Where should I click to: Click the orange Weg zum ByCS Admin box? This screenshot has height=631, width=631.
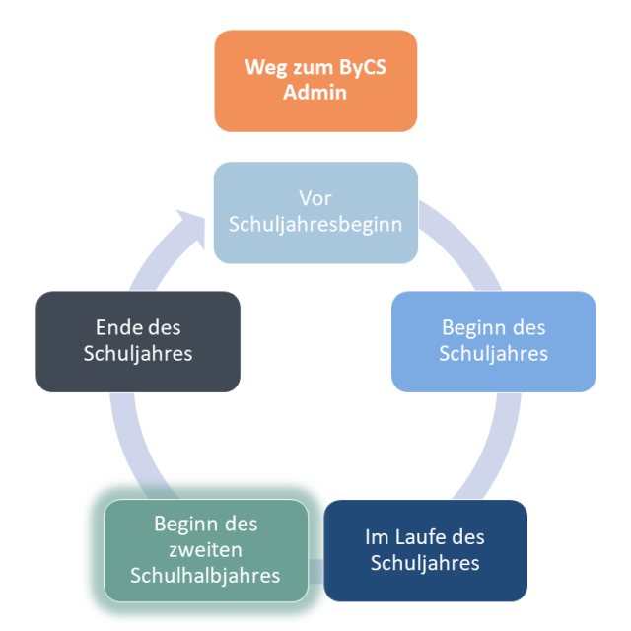pyautogui.click(x=315, y=81)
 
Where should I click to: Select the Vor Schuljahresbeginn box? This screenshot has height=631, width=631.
pyautogui.click(x=315, y=213)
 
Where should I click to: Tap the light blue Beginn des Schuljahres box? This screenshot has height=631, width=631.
pyautogui.click(x=493, y=342)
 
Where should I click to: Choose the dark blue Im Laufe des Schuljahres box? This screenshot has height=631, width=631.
pyautogui.click(x=425, y=550)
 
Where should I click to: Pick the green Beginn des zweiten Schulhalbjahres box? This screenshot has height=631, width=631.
pyautogui.click(x=206, y=550)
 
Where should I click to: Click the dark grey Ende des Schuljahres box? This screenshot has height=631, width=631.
pyautogui.click(x=138, y=342)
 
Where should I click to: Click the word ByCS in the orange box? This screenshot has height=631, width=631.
pyautogui.click(x=363, y=67)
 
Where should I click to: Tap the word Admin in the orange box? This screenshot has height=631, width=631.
pyautogui.click(x=315, y=92)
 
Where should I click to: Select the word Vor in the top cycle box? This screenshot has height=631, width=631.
pyautogui.click(x=315, y=198)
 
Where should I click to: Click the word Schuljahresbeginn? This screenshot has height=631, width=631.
pyautogui.click(x=315, y=225)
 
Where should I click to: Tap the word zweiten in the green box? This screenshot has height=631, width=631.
pyautogui.click(x=206, y=550)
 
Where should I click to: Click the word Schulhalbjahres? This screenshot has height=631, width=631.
pyautogui.click(x=205, y=576)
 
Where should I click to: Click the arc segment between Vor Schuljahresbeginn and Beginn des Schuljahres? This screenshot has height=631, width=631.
pyautogui.click(x=462, y=242)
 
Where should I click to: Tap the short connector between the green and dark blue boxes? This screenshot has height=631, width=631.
pyautogui.click(x=315, y=572)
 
